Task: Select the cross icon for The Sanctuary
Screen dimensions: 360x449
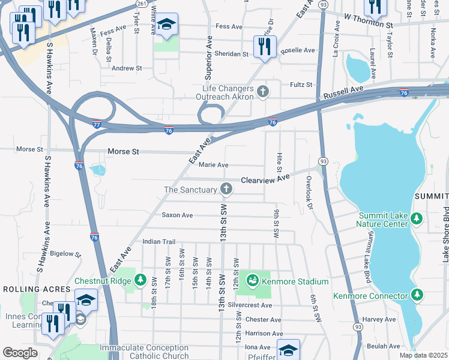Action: (x=226, y=190)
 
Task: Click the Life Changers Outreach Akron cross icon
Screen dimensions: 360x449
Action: (x=262, y=92)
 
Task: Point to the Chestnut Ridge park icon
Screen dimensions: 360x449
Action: (x=140, y=280)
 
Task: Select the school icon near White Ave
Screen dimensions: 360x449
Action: (x=167, y=24)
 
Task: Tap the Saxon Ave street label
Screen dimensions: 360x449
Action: (x=177, y=215)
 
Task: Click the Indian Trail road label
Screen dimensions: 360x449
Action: (x=158, y=242)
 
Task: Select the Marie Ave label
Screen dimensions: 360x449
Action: (x=213, y=165)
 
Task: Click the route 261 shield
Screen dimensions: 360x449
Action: (x=141, y=4)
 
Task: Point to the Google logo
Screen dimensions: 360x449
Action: (x=20, y=352)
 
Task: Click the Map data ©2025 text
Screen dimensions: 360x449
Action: (x=424, y=356)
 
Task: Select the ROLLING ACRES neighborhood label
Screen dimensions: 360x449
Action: (x=29, y=289)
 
